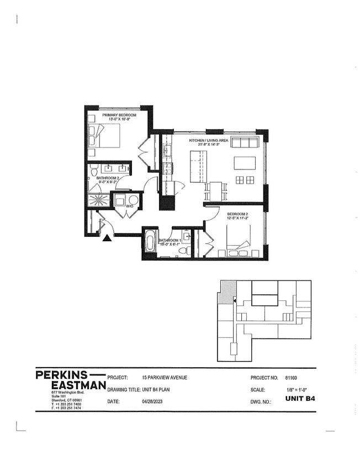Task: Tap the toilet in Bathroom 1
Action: pos(188,249)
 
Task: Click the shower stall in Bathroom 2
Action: pos(100,199)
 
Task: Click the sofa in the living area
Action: pos(245,142)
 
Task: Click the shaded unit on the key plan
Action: pos(227,290)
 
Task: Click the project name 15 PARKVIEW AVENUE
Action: pos(165,378)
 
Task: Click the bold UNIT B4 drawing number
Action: pos(300,401)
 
